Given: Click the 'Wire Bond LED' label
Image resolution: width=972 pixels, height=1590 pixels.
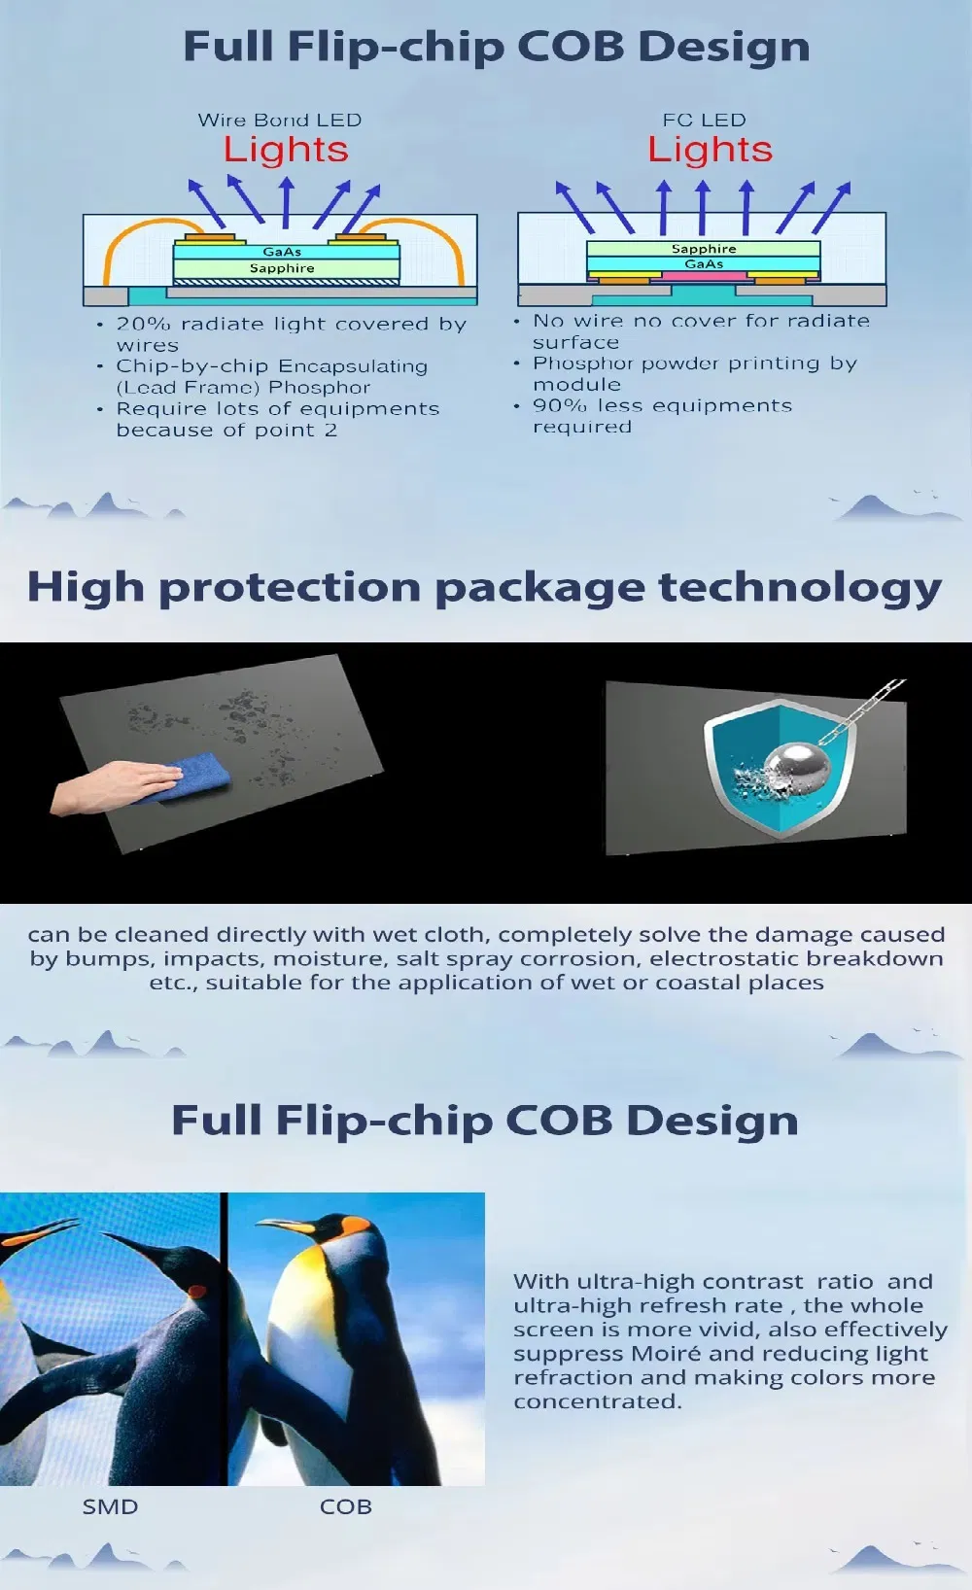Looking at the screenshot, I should [x=279, y=121].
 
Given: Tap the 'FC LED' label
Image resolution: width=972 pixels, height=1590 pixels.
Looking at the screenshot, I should [x=704, y=121].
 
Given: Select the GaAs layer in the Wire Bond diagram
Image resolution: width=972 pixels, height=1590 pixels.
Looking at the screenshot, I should [x=283, y=252].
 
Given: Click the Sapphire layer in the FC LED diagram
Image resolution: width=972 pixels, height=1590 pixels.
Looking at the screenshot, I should [x=704, y=249].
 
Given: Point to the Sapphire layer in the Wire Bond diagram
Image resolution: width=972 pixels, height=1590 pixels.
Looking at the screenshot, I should [x=283, y=268].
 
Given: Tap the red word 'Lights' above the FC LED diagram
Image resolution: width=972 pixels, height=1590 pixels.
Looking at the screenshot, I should [x=710, y=150].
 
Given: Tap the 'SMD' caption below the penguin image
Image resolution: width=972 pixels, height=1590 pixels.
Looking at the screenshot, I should [x=110, y=1506].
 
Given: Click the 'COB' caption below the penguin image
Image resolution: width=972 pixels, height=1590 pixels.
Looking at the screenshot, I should [x=345, y=1506].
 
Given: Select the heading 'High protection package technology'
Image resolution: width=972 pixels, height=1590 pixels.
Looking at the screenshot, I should [x=484, y=588].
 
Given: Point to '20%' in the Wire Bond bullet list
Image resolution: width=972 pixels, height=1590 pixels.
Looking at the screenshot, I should [x=143, y=324].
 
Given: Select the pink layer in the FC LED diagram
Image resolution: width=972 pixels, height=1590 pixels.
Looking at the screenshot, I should [x=704, y=277].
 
